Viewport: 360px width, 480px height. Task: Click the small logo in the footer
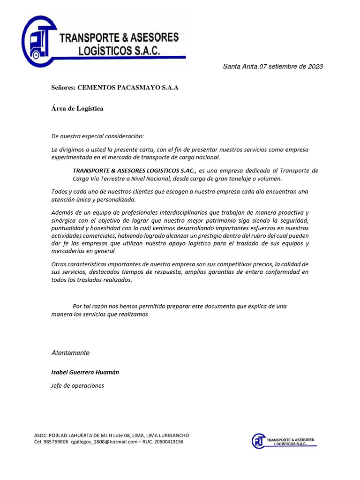pyautogui.click(x=283, y=441)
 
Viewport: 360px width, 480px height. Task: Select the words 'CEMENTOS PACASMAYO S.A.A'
pyautogui.click(x=128, y=88)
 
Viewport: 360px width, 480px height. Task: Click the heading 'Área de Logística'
pyautogui.click(x=77, y=108)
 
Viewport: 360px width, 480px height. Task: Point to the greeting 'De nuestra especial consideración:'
pyautogui.click(x=97, y=136)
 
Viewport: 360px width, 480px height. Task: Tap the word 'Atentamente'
pyautogui.click(x=70, y=352)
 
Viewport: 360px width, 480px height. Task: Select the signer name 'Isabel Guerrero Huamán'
pyautogui.click(x=85, y=372)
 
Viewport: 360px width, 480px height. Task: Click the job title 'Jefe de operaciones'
pyautogui.click(x=77, y=386)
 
